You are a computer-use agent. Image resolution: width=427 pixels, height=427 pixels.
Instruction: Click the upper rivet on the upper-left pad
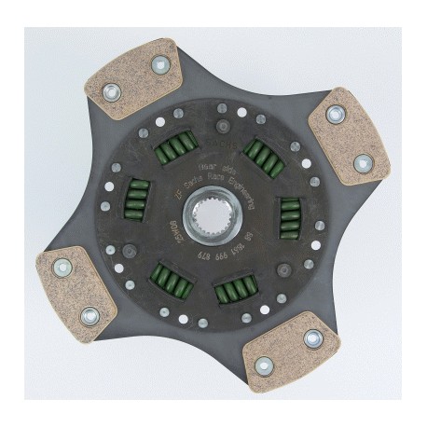(x=160, y=65)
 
